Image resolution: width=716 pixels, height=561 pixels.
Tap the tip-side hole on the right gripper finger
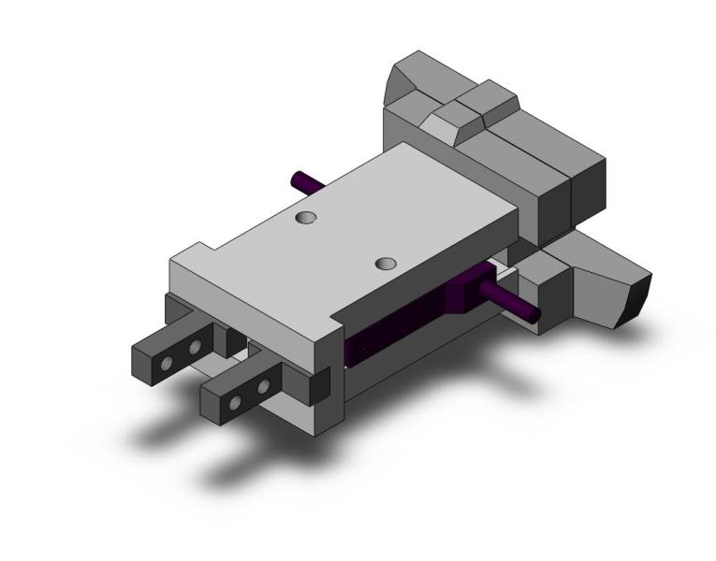(x=236, y=402)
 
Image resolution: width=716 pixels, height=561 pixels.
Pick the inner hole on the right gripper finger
(x=264, y=385)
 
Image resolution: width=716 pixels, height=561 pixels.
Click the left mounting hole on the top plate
(x=304, y=218)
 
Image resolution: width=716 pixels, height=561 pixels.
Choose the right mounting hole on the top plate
(x=386, y=264)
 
